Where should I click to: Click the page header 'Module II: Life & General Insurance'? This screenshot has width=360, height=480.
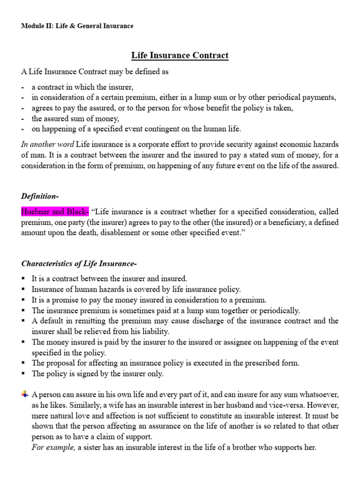(77, 26)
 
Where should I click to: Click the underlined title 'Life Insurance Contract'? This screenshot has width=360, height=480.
(180, 55)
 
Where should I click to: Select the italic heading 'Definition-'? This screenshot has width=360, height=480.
(40, 195)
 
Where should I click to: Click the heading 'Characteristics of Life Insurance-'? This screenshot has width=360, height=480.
(79, 263)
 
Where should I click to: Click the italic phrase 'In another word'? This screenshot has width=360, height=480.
(47, 144)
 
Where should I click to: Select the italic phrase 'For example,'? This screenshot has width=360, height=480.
(53, 447)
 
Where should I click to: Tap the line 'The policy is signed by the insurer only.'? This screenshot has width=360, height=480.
(97, 374)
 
